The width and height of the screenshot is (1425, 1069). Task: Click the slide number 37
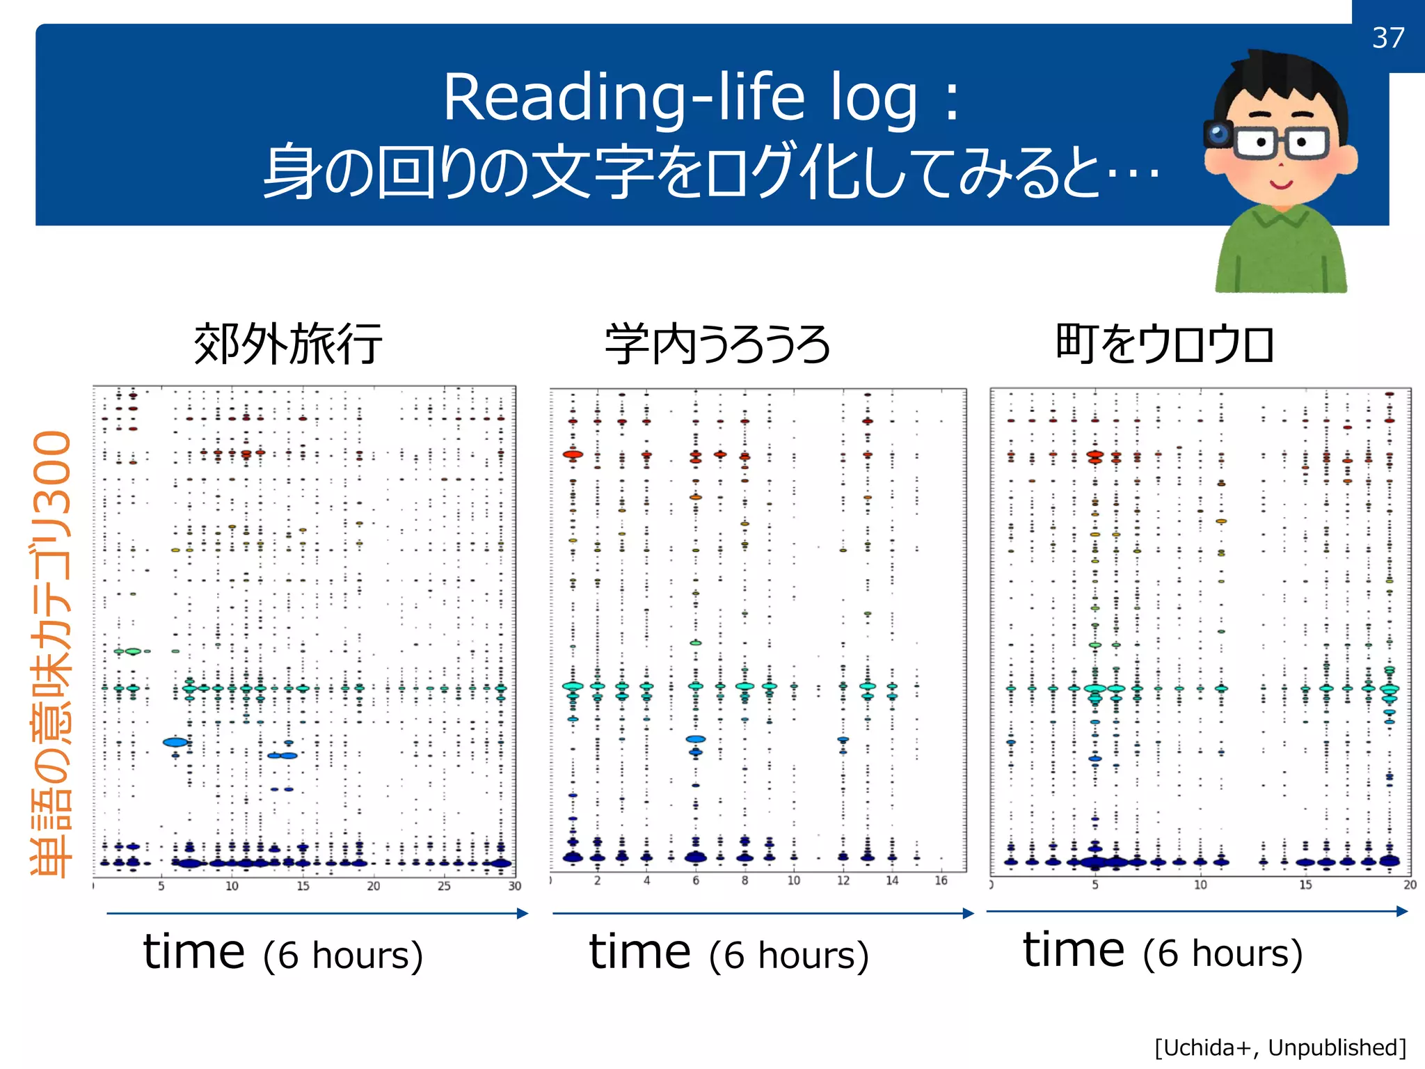tap(1388, 38)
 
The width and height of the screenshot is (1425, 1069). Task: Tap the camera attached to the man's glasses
tap(1218, 133)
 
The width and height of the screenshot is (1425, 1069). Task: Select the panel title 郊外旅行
tap(288, 344)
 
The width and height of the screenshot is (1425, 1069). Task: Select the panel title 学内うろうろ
tap(717, 345)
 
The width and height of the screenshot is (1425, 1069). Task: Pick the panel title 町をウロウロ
tap(1165, 344)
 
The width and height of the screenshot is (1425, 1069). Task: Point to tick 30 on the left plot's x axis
tap(514, 886)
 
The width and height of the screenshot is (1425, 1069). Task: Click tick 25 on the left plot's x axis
tap(444, 886)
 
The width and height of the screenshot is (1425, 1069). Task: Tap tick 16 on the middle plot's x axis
tap(941, 881)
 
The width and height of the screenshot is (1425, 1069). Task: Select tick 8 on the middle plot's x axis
tap(745, 881)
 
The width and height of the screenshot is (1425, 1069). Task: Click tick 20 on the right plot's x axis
tap(1410, 885)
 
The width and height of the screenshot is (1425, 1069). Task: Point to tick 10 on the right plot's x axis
tap(1200, 885)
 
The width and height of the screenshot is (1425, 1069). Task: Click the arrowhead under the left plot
tap(523, 913)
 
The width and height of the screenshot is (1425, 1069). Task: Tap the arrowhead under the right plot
tap(1402, 911)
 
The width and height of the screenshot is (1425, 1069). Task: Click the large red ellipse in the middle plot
tap(573, 454)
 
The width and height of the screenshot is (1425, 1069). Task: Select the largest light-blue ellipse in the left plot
tap(175, 742)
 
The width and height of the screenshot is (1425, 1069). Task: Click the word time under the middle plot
tap(639, 952)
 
